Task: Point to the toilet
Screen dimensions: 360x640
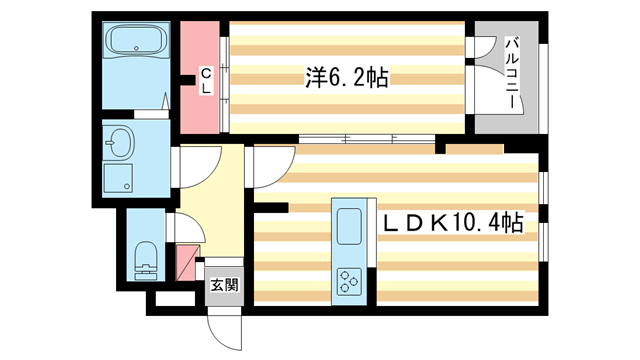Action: pyautogui.click(x=143, y=257)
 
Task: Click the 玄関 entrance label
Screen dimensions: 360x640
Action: pyautogui.click(x=225, y=284)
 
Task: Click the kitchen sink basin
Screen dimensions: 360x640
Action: pyautogui.click(x=351, y=226)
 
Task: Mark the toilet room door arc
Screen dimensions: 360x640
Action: pyautogui.click(x=187, y=228)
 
